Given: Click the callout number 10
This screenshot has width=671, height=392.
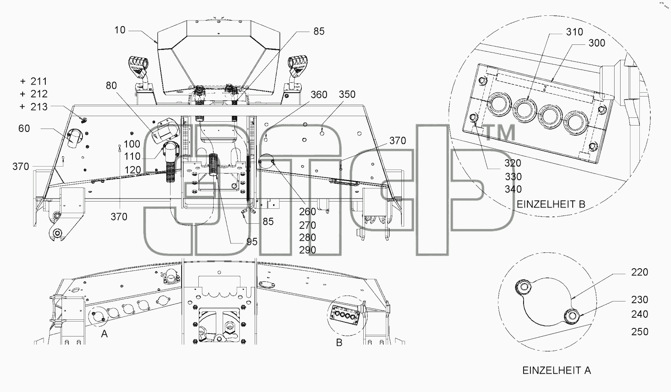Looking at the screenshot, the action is click(x=120, y=30).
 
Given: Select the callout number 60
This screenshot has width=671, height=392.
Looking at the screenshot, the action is click(x=24, y=129).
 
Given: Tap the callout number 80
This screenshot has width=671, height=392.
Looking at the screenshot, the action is click(x=111, y=85).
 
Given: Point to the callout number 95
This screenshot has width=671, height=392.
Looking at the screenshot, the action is click(x=252, y=242).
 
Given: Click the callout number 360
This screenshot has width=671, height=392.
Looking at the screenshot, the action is click(x=319, y=95).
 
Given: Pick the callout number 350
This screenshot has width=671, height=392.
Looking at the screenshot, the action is click(x=347, y=94).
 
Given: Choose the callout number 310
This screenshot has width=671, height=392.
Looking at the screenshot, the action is click(x=574, y=32).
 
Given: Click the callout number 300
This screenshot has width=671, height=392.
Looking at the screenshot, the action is click(x=597, y=43).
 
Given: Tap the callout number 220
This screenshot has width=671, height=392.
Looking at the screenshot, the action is click(x=639, y=272).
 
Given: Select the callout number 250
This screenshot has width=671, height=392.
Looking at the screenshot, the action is click(x=639, y=331).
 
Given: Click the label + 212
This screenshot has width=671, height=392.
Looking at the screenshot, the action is click(x=34, y=94).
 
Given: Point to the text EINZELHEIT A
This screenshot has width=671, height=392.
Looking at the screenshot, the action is click(x=556, y=371).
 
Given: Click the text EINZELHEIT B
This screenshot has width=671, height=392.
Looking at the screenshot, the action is click(x=551, y=204).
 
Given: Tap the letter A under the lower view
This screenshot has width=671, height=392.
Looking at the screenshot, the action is click(x=104, y=333).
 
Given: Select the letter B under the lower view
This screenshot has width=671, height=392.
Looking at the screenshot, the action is click(x=339, y=342).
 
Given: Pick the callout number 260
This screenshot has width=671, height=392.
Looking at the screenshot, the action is click(x=307, y=212).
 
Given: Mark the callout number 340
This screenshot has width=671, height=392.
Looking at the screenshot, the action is click(x=513, y=189).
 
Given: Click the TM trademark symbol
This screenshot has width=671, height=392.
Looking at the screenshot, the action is click(x=500, y=132).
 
